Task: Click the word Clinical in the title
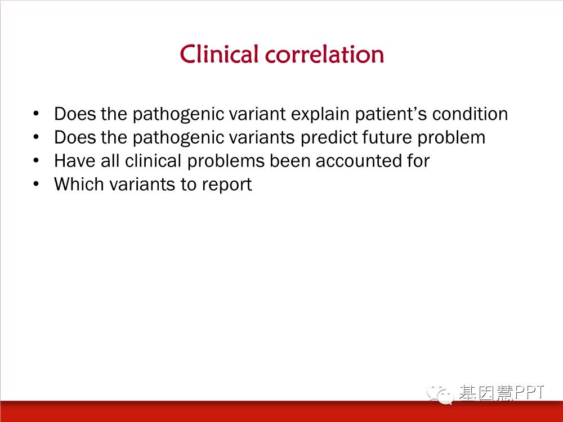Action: (219, 54)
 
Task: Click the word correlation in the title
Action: (325, 55)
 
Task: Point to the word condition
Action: (470, 114)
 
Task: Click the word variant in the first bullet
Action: (257, 114)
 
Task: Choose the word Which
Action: (79, 184)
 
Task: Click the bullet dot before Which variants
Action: (36, 184)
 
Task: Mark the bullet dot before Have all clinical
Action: (36, 160)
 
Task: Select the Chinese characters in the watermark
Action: (486, 393)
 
